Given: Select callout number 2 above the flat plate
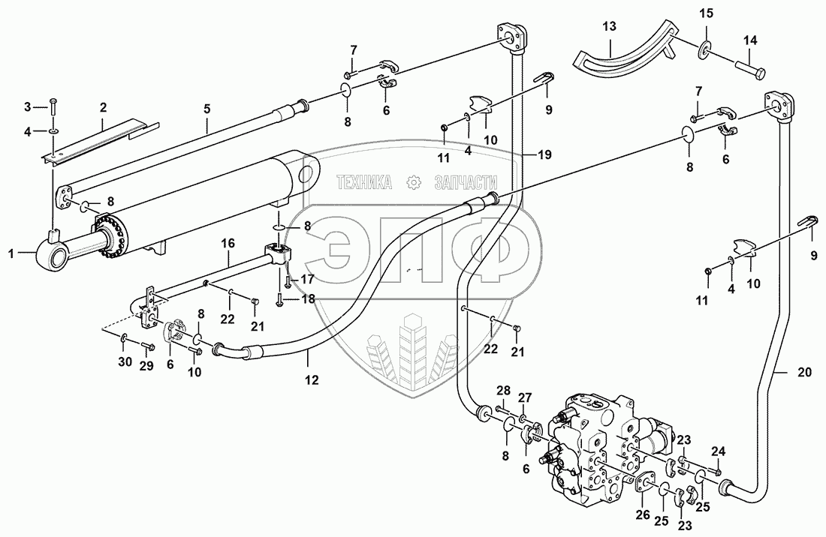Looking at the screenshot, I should pos(104,106).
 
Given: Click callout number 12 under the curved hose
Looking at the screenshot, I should pos(312,380).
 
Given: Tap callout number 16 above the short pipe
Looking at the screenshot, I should pos(228,243).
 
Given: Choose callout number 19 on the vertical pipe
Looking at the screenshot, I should pos(545,155).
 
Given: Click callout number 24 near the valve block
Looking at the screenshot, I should pos(719,451).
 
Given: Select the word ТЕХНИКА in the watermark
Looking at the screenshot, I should pos(365,181).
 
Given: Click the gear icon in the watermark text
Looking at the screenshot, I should pos(411,181).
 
